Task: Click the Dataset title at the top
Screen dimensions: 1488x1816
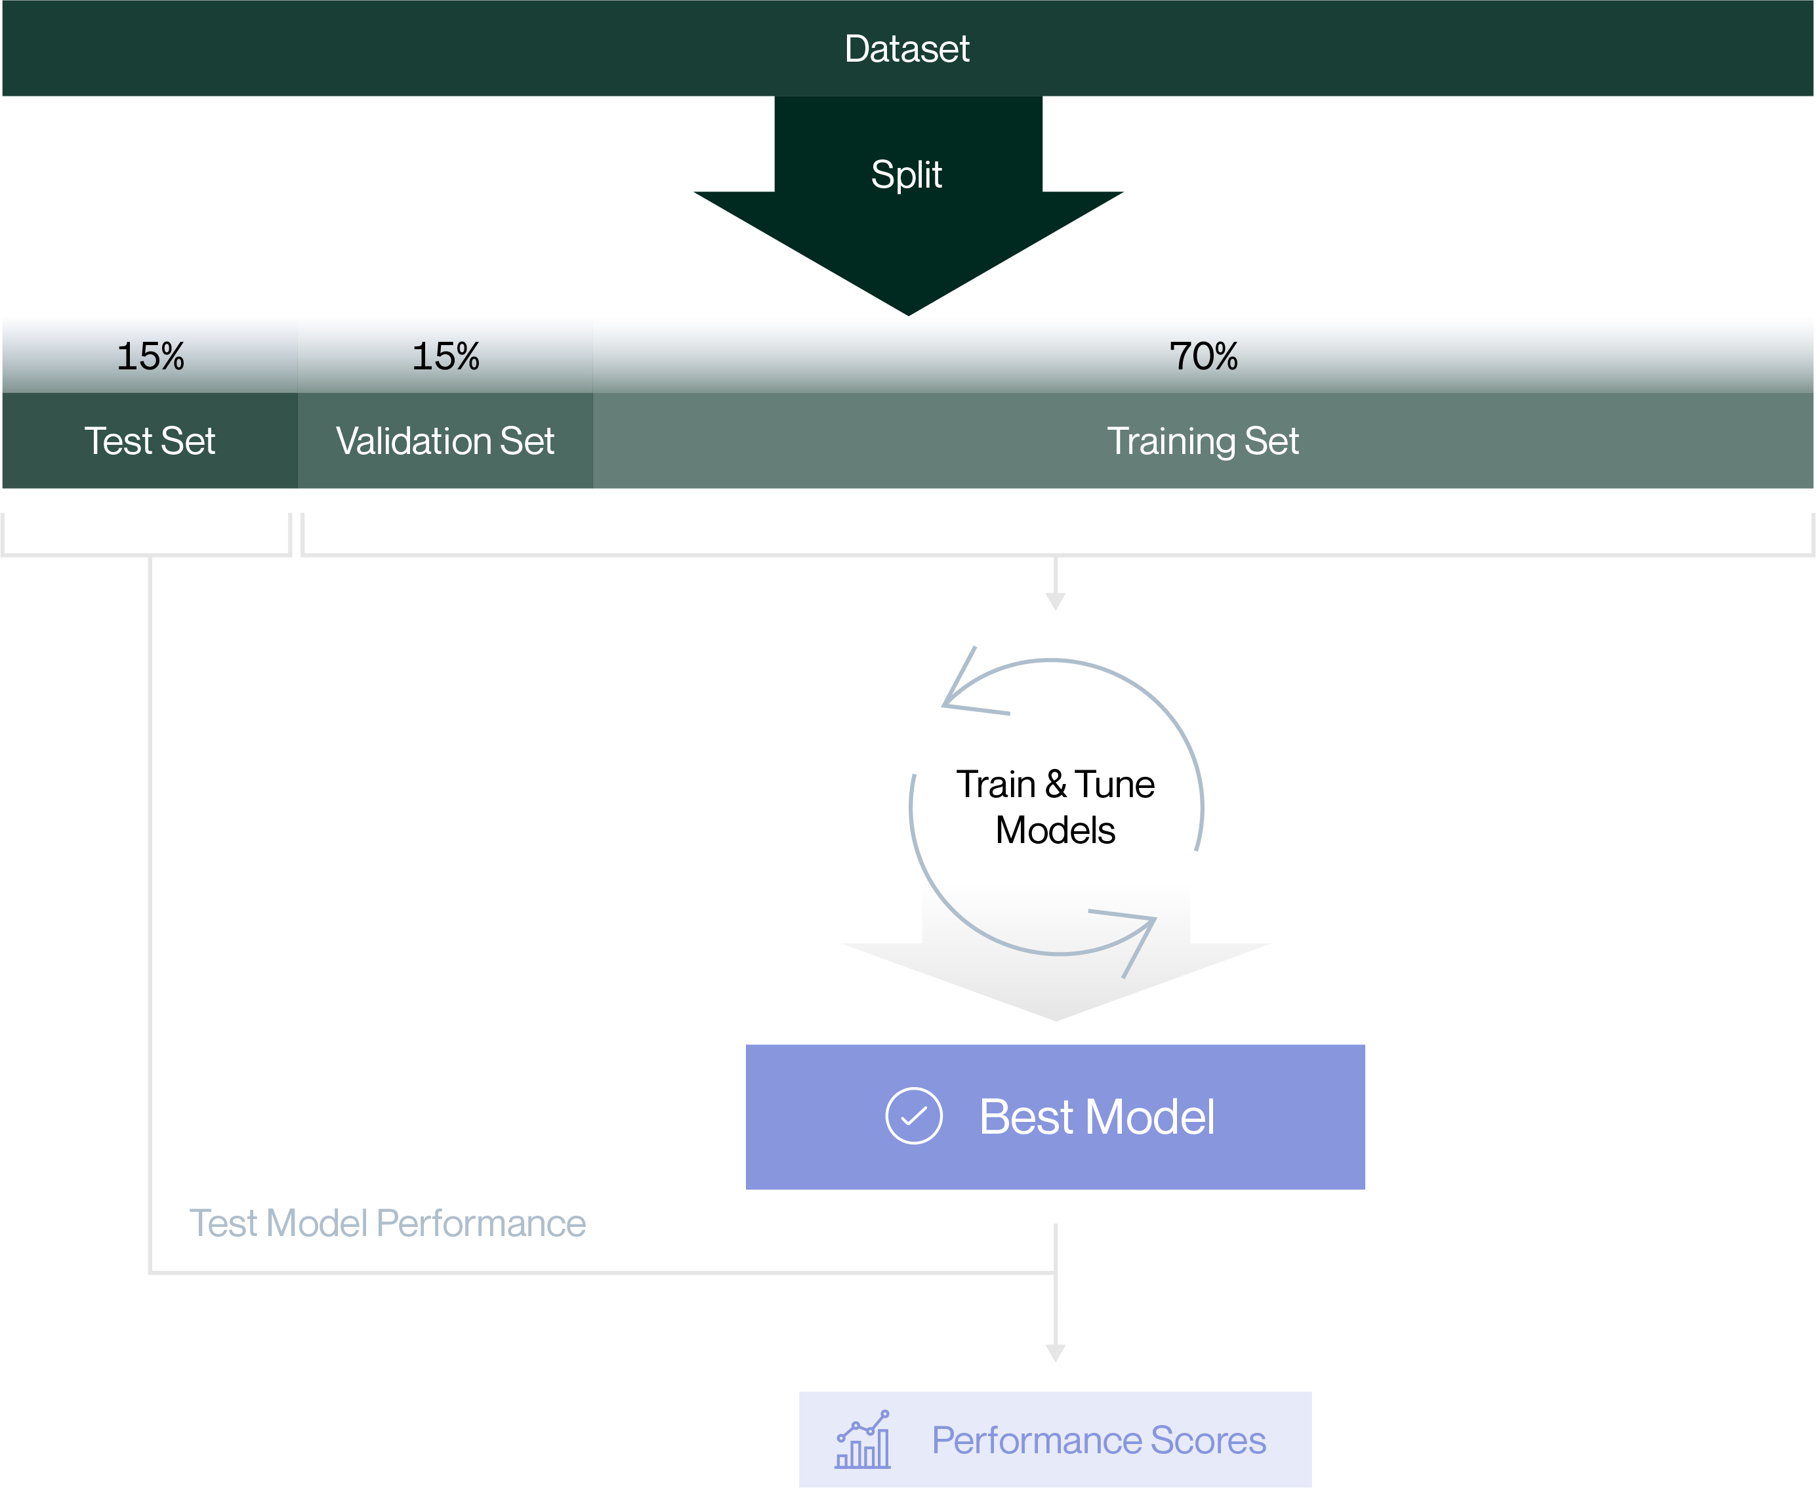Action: [907, 49]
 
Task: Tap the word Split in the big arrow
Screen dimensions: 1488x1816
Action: [906, 175]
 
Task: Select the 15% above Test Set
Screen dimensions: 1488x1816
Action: [150, 356]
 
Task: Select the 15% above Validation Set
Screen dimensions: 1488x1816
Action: [445, 356]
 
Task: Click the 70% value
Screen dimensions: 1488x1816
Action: [1203, 356]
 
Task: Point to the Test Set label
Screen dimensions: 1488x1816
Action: [150, 442]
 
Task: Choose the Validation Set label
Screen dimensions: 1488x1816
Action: [445, 442]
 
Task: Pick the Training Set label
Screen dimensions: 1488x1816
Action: [1203, 442]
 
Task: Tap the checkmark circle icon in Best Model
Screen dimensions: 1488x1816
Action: [913, 1116]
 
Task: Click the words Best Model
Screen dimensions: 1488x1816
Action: [1096, 1117]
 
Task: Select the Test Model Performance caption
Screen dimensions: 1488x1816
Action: [387, 1223]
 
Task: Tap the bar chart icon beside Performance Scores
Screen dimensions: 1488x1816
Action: [863, 1441]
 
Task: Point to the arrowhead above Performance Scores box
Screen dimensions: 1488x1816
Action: [1055, 1354]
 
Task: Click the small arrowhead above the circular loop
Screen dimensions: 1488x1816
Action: [1055, 602]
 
